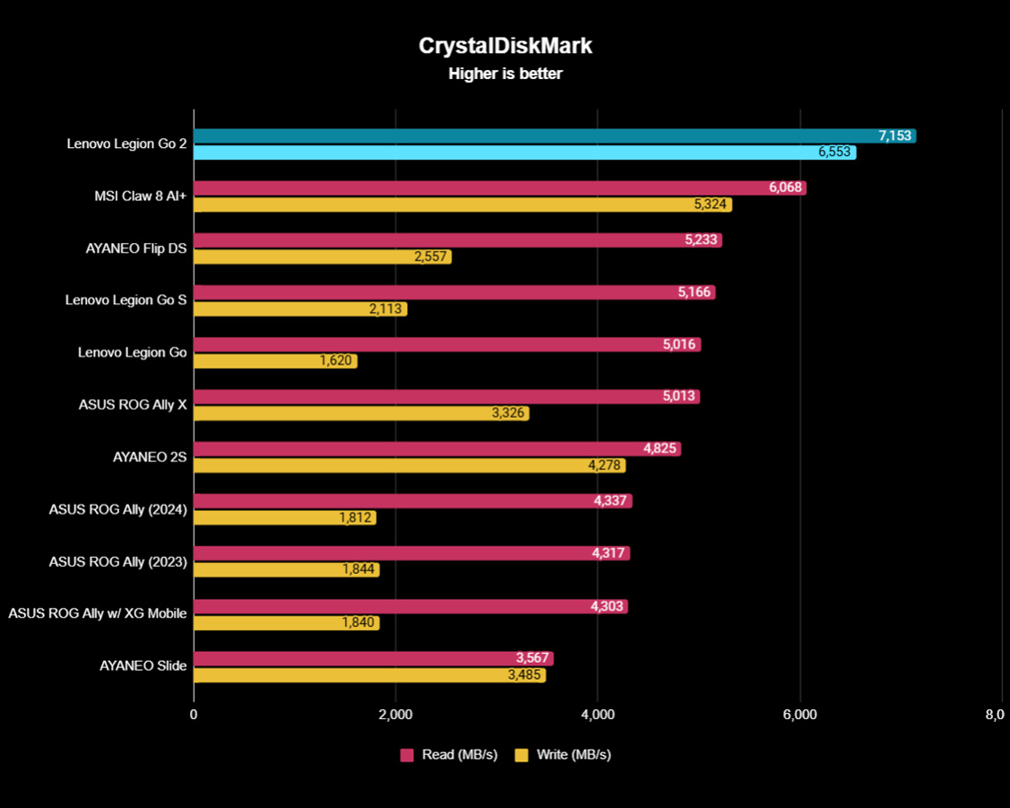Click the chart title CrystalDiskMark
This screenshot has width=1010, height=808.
505,47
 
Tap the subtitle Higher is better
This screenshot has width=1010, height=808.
505,74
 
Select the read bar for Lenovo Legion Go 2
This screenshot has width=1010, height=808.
538,136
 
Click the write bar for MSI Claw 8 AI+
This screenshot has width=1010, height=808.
448,204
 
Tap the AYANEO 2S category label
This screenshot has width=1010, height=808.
150,456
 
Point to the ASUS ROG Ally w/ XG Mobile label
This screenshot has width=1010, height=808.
98,613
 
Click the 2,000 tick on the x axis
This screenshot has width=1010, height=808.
395,715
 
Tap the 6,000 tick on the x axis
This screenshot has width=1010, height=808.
799,715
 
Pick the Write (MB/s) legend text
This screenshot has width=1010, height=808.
574,755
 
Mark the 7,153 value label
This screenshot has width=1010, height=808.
894,136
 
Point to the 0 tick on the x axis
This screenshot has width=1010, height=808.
194,715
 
